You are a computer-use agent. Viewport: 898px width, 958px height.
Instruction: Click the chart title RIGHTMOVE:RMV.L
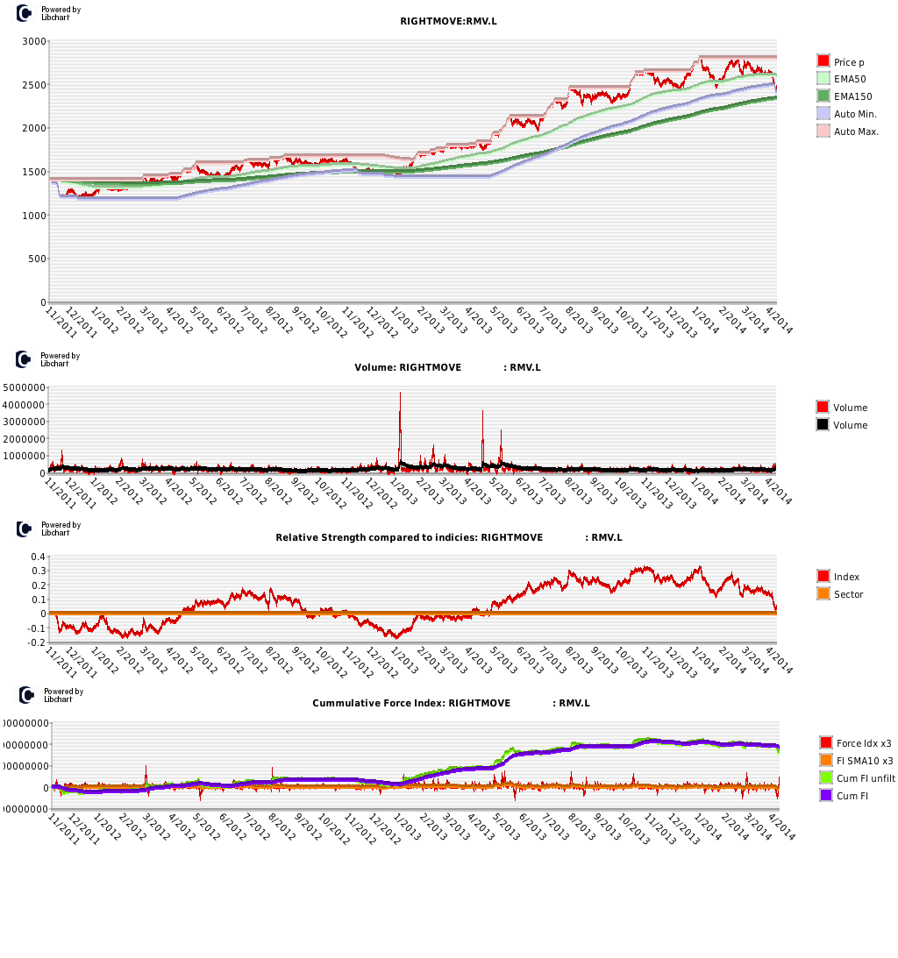pos(448,21)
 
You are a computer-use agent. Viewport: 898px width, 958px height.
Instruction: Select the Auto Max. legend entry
pos(856,131)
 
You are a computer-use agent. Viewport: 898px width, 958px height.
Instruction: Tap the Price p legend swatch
pos(823,61)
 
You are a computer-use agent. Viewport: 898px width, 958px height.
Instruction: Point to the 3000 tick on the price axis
pos(35,42)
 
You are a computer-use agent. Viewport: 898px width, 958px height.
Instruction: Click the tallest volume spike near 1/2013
pos(400,394)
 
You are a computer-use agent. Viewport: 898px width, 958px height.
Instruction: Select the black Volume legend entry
pos(850,426)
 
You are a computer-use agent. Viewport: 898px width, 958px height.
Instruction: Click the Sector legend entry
pos(848,595)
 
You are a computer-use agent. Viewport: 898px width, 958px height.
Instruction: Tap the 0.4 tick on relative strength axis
pos(39,557)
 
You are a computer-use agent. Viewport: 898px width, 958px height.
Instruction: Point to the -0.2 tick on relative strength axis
pos(37,642)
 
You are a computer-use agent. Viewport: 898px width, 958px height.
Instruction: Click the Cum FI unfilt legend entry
pos(865,778)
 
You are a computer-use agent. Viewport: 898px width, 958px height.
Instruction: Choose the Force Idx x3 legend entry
pos(864,743)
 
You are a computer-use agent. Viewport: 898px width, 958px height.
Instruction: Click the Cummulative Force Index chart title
pos(451,703)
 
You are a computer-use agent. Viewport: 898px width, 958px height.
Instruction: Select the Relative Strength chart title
pos(448,537)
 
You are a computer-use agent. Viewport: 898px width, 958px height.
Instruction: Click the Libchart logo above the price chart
pos(25,13)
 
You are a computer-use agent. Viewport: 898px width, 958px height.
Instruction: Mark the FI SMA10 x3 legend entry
pos(864,761)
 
